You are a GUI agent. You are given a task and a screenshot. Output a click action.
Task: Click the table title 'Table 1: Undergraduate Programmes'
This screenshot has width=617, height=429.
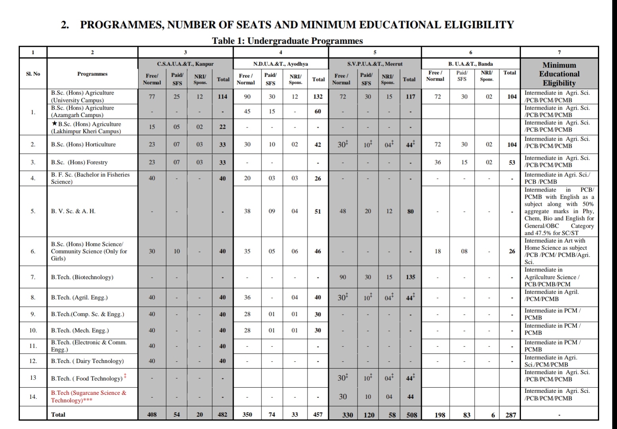pyautogui.click(x=287, y=41)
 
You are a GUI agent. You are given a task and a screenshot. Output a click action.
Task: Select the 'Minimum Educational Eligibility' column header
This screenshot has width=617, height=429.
pyautogui.click(x=559, y=74)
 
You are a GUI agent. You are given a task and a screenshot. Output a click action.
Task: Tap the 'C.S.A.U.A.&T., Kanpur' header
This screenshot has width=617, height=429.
pyautogui.click(x=185, y=64)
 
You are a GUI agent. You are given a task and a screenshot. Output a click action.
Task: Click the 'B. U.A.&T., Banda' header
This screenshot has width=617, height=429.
pyautogui.click(x=471, y=64)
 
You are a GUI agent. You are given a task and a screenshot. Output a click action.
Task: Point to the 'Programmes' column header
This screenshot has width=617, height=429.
pyautogui.click(x=92, y=74)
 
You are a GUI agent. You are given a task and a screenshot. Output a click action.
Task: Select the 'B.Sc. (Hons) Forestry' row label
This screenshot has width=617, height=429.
pyautogui.click(x=79, y=162)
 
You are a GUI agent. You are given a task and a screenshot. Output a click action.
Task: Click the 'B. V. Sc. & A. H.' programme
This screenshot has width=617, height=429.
pyautogui.click(x=73, y=211)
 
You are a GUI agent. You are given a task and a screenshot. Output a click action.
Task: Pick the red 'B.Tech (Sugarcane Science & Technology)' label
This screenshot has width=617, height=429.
pyautogui.click(x=88, y=396)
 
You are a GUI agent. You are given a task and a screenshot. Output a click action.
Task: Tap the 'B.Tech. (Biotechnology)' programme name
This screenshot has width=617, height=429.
pyautogui.click(x=82, y=277)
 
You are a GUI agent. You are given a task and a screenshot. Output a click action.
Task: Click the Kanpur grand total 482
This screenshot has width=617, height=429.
pyautogui.click(x=223, y=415)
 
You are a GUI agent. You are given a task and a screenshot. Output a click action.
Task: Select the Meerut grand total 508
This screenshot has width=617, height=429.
pyautogui.click(x=412, y=415)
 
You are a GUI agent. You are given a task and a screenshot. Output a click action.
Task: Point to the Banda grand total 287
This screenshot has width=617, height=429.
pyautogui.click(x=511, y=415)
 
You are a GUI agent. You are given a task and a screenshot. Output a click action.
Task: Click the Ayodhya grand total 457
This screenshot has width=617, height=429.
pyautogui.click(x=318, y=415)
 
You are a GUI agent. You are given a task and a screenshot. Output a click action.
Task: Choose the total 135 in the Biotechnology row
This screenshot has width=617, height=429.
pyautogui.click(x=411, y=277)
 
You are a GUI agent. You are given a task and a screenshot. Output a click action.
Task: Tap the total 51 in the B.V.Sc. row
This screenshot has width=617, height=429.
pyautogui.click(x=318, y=211)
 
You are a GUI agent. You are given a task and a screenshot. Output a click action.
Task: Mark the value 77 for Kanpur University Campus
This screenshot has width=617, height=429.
pyautogui.click(x=152, y=97)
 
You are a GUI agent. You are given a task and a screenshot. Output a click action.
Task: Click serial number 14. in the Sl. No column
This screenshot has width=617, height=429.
pyautogui.click(x=33, y=396)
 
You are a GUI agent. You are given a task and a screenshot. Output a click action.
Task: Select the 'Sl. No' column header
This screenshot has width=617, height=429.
pyautogui.click(x=33, y=74)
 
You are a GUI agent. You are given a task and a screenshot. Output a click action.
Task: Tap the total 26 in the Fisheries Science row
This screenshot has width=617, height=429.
pyautogui.click(x=318, y=178)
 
